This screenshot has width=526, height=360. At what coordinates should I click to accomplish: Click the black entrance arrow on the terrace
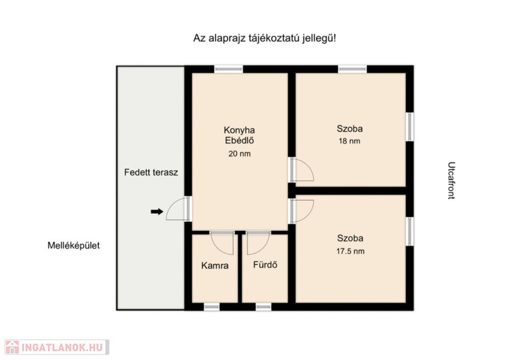(157, 212)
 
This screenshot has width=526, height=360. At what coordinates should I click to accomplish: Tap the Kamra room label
(215, 266)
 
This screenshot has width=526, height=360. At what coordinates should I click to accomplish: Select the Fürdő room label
(265, 264)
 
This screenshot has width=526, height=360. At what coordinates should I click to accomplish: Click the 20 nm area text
(239, 154)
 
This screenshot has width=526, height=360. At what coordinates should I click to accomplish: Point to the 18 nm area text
(349, 141)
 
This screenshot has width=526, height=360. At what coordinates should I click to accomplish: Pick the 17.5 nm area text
(350, 251)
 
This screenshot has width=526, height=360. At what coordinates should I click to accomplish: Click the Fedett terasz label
(151, 173)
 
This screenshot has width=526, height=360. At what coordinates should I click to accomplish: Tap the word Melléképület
(73, 245)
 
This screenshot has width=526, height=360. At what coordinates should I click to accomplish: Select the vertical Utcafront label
(452, 180)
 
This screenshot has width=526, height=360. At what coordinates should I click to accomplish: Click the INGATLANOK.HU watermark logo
(57, 347)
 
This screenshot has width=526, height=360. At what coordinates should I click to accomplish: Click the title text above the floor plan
(265, 38)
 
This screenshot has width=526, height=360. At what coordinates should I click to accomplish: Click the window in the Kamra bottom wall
(212, 307)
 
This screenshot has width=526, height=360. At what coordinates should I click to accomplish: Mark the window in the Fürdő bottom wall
(264, 307)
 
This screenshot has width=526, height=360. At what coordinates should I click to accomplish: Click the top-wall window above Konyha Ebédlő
(229, 69)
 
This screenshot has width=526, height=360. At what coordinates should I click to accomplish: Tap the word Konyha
(239, 130)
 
